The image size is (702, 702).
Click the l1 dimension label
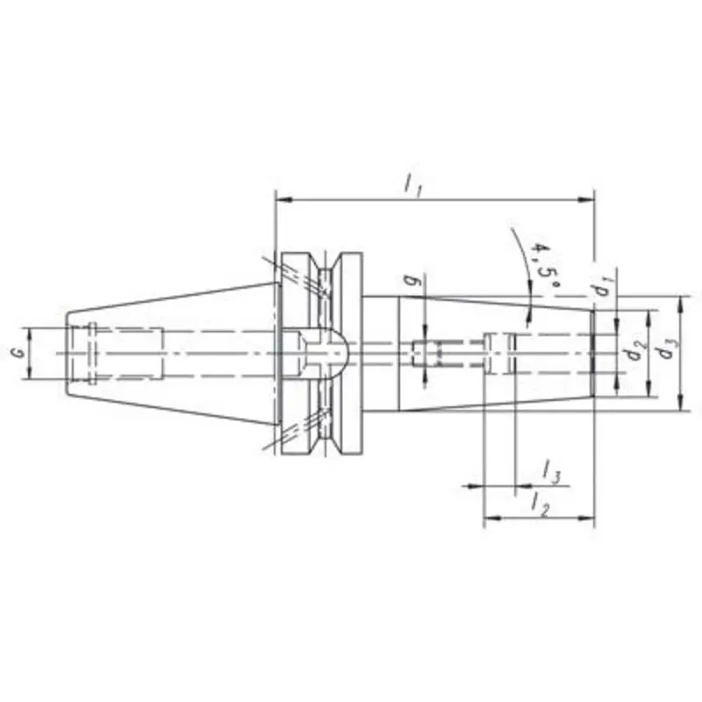coord(412,185)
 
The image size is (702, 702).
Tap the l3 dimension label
coord(551,475)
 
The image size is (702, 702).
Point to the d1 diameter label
coord(601,286)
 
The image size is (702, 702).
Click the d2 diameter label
coord(630,352)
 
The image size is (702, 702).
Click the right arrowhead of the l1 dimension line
coord(590,200)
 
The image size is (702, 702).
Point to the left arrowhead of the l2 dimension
coord(490,518)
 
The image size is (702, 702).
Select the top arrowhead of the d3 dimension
coord(682,301)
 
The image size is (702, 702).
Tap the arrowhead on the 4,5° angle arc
coord(528,313)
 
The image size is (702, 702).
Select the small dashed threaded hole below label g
coord(428,353)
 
